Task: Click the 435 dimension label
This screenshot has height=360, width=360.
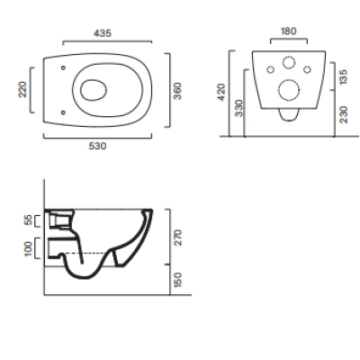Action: tap(103, 33)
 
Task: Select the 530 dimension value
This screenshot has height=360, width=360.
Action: tap(97, 146)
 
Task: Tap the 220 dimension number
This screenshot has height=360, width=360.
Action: tap(22, 89)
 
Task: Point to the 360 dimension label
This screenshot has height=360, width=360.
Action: tap(177, 91)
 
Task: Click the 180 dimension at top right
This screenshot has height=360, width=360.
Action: tap(288, 31)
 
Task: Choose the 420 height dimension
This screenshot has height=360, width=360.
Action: tap(220, 92)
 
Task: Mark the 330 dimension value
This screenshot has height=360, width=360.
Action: tap(239, 108)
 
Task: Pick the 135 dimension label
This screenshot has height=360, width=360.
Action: tap(344, 76)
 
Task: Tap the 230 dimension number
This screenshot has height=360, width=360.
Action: tap(344, 114)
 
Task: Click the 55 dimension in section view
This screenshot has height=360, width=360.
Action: tap(29, 220)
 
